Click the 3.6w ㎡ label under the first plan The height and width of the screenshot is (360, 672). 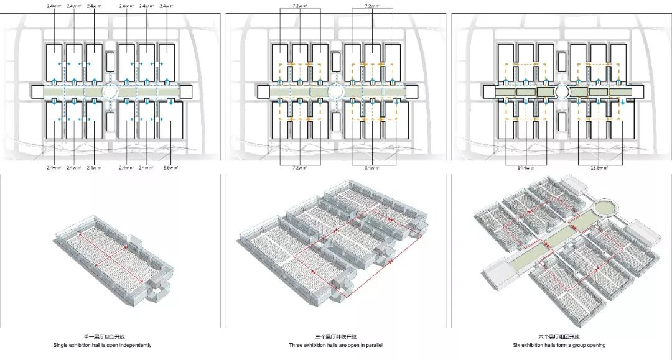169,168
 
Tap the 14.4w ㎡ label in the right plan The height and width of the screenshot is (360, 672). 525,168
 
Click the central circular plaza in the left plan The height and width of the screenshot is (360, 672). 111,91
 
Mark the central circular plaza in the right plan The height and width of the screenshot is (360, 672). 562,91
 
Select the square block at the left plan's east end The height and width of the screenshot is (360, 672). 185,91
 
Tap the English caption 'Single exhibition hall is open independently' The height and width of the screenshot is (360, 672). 113,345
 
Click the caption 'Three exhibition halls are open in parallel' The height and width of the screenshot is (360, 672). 335,345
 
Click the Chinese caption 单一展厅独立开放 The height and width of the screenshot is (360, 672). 112,336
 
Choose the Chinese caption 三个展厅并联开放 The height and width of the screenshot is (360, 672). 335,336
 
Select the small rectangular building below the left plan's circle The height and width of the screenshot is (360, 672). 111,121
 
